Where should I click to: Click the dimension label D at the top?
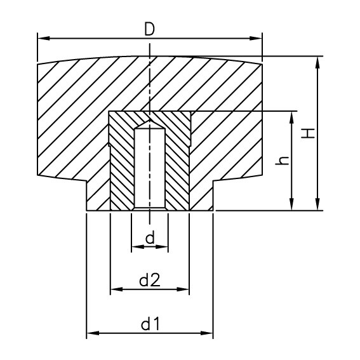tap(150, 29)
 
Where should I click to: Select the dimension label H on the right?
tap(307, 133)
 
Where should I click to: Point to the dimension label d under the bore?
tap(150, 238)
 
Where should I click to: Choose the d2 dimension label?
tap(150, 280)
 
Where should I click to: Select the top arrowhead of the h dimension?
tap(291, 115)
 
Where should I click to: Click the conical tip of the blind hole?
tap(150, 123)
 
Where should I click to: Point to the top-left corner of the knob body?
tap(38, 64)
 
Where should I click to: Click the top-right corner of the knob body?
tap(262, 64)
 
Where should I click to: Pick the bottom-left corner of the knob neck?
tap(86, 210)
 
